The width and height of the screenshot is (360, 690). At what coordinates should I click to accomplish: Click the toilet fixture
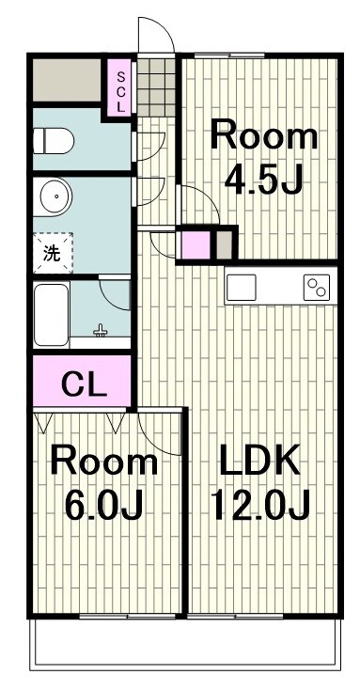(55, 140)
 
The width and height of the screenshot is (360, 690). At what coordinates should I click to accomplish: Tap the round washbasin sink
(55, 198)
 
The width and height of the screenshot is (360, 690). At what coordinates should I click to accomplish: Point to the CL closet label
(84, 384)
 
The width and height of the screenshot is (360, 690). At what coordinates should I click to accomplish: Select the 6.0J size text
(103, 505)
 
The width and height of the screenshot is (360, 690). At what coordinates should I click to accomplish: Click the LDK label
(259, 461)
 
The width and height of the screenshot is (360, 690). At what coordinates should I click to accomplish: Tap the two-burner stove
(315, 287)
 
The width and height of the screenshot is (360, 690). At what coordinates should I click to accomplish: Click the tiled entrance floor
(156, 88)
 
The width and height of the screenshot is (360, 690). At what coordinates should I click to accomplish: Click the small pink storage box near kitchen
(196, 244)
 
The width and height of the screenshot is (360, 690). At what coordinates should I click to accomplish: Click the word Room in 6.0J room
(103, 462)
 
